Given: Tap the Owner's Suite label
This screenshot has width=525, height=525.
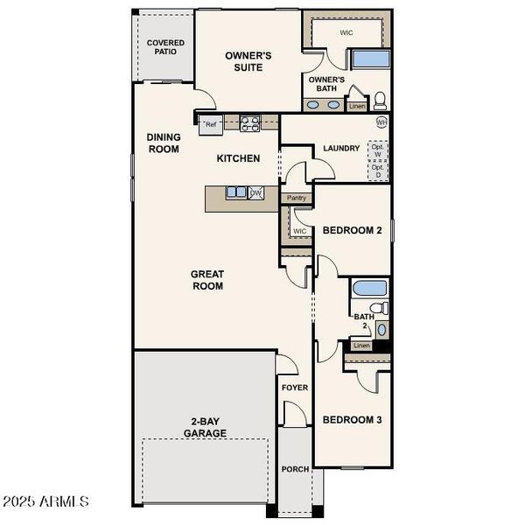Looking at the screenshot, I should point(248,61).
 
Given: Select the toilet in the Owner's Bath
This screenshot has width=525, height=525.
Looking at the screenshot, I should point(381,98).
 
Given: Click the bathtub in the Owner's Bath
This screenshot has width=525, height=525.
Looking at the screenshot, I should point(370,59).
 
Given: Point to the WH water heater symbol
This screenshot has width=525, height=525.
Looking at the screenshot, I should point(381,122).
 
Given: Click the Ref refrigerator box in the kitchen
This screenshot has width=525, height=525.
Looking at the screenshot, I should point(210,125).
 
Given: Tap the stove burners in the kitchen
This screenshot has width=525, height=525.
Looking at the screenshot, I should point(249,123).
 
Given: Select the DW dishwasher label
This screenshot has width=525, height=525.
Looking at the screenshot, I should point(255,192).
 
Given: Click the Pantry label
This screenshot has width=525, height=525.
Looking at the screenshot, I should point(297,199).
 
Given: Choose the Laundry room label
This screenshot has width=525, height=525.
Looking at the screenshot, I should point(341,148).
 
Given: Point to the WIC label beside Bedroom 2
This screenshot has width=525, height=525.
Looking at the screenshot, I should point(300,231).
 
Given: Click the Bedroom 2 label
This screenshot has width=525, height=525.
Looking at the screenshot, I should point(352,231).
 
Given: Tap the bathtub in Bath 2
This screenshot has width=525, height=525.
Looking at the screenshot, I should point(368,287).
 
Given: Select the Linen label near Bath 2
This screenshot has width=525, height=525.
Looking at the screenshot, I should point(361,346).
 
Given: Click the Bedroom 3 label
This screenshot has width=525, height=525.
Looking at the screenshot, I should point(352,420).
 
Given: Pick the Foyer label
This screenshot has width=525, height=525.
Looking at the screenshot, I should point(294,387).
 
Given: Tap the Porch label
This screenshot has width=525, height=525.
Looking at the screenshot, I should point(295,469).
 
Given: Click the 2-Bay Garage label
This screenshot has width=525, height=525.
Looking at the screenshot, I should point(205,427).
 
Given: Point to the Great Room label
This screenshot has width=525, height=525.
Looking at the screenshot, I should point(207,280).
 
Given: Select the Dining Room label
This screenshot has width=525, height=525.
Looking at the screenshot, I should point(164,143).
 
